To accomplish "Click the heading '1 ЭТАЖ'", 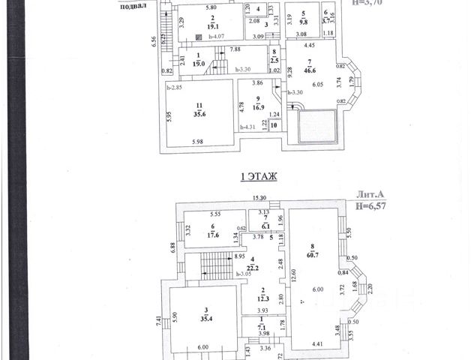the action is pyautogui.click(x=258, y=177).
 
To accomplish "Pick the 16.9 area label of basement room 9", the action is pyautogui.click(x=257, y=107).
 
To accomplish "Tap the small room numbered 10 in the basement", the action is pyautogui.click(x=252, y=125).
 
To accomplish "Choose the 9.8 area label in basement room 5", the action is pyautogui.click(x=304, y=21).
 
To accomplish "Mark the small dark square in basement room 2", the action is pyautogui.click(x=198, y=36).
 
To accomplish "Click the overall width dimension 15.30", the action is pyautogui.click(x=259, y=198).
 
